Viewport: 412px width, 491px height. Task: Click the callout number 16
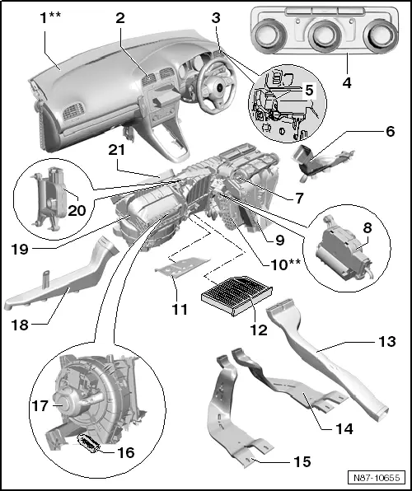tap(103, 452)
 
